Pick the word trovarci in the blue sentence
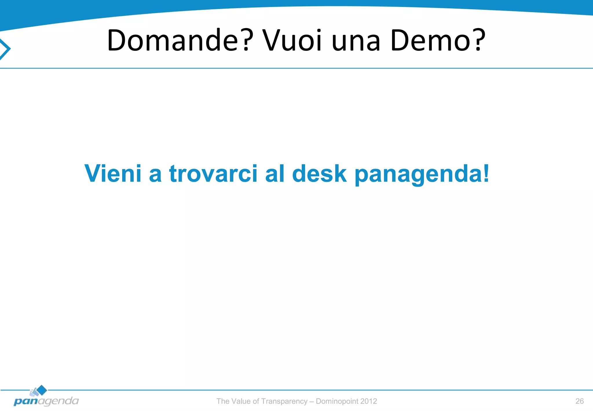[x=213, y=174]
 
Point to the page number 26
[x=579, y=401]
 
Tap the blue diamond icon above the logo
[x=42, y=390]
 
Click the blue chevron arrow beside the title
[x=5, y=49]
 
